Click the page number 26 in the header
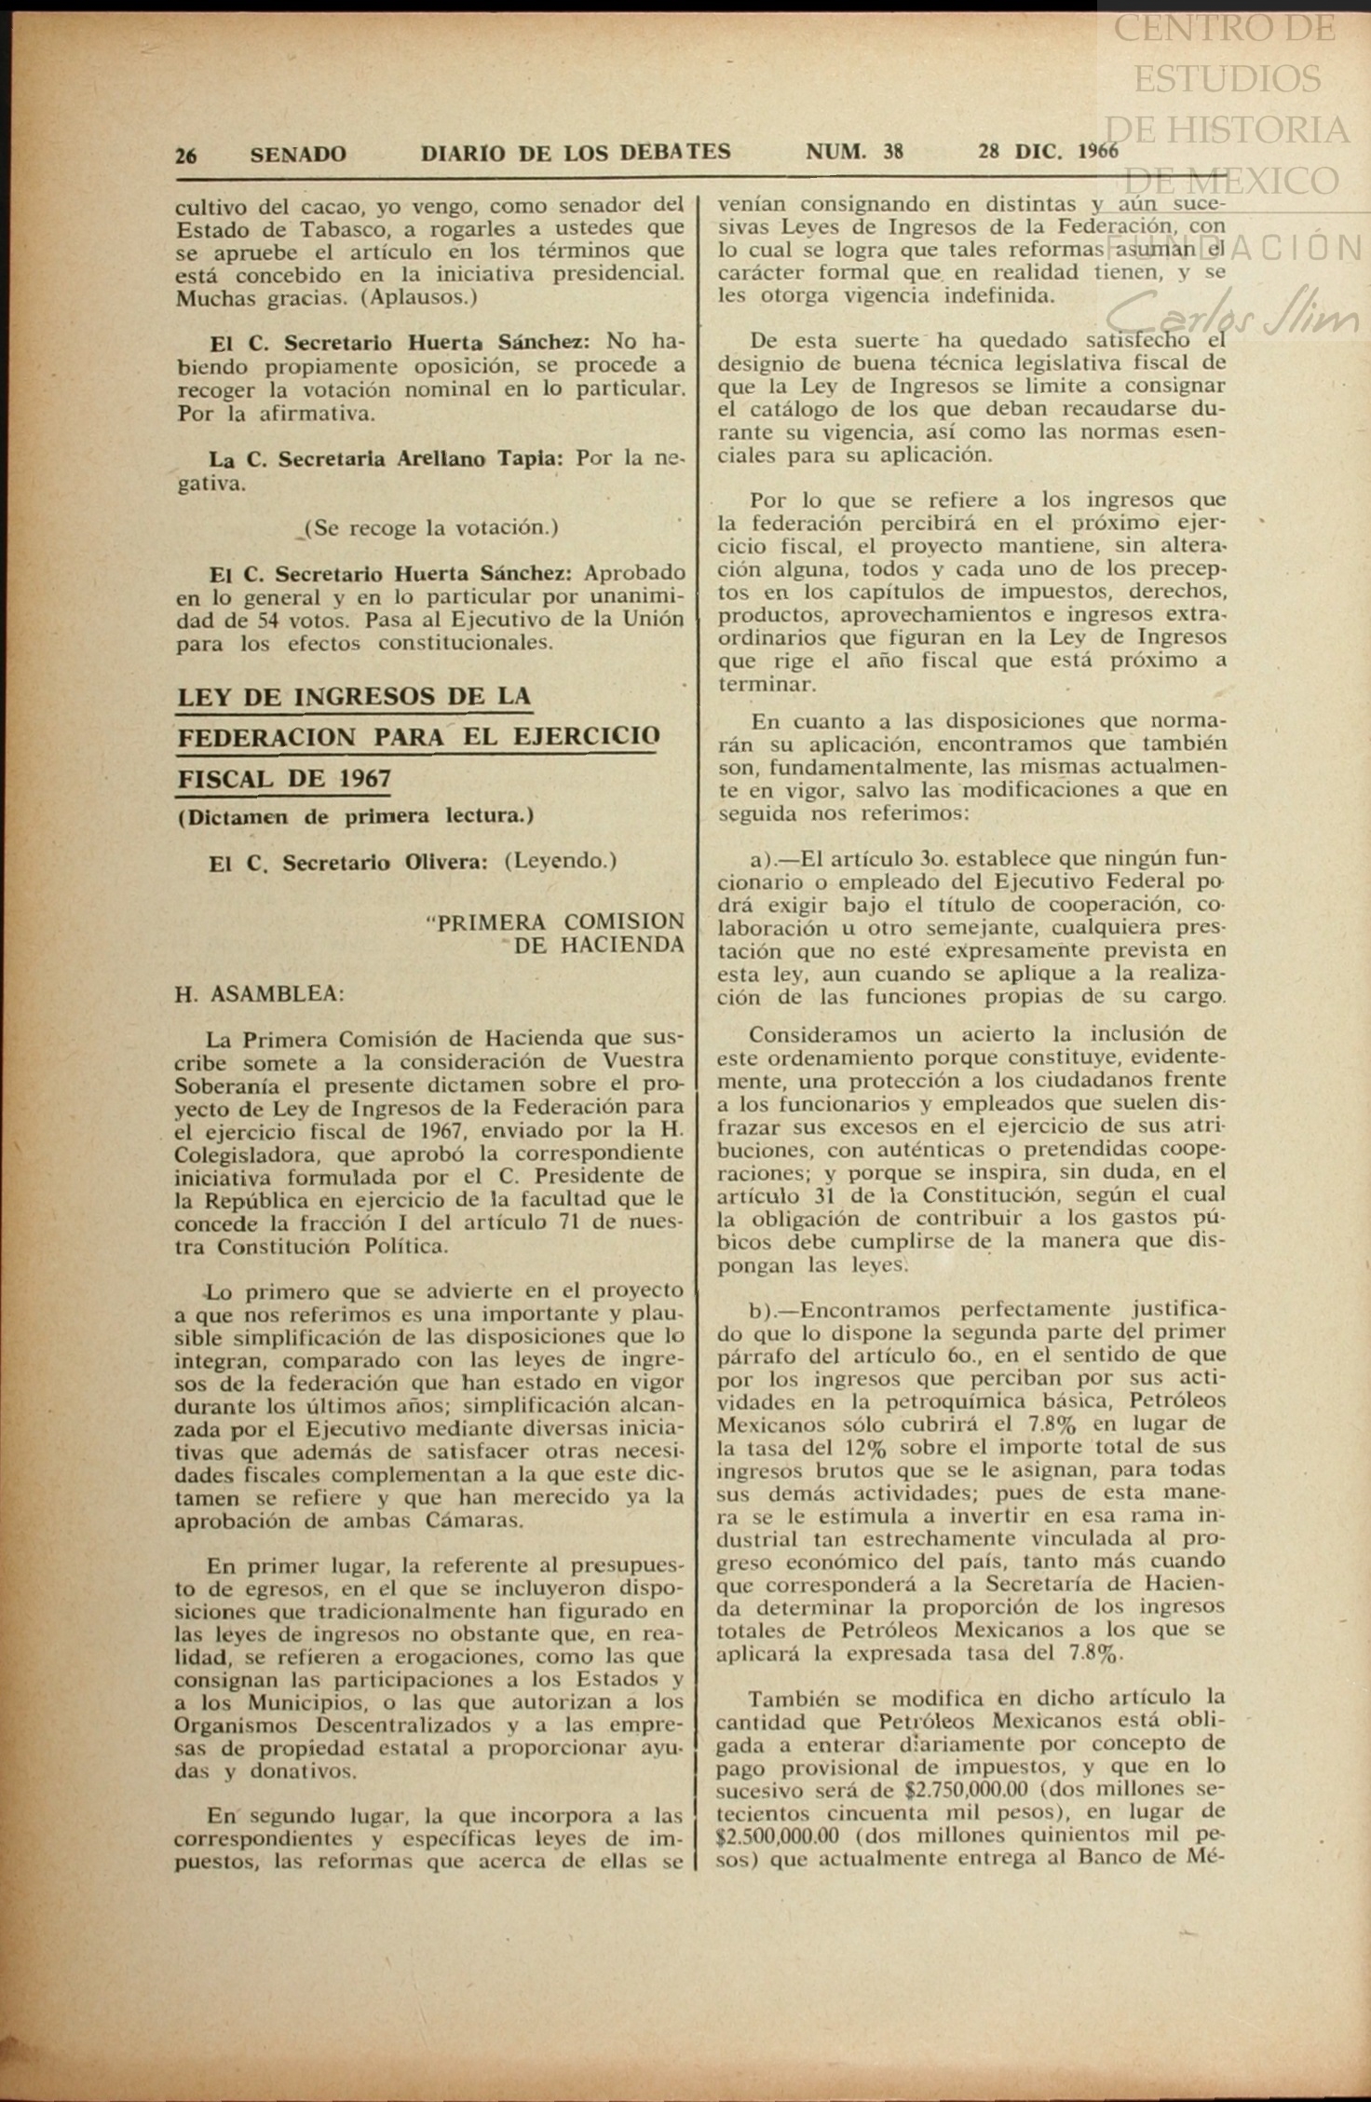(186, 155)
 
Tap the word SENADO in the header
(298, 154)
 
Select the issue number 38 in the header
(893, 151)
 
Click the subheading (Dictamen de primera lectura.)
(355, 816)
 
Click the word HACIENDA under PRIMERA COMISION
(599, 945)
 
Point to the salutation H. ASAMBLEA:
(260, 993)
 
